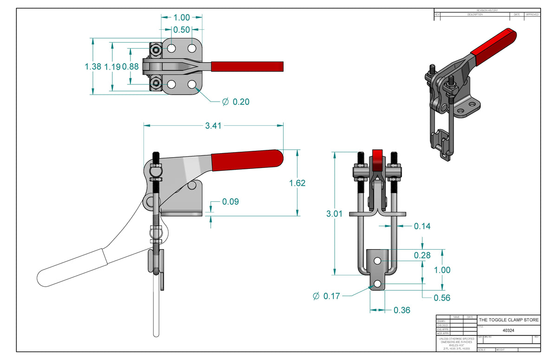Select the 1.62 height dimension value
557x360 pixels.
tap(297, 183)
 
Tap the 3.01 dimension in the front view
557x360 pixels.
tap(334, 214)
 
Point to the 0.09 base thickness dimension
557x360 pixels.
tap(230, 202)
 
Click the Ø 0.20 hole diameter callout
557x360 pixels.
tap(236, 102)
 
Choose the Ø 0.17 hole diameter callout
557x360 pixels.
tap(327, 296)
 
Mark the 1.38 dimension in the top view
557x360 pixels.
tap(93, 66)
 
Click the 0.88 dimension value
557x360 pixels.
tap(130, 66)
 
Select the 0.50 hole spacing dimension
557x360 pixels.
tap(181, 30)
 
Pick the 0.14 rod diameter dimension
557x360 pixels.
tap(422, 226)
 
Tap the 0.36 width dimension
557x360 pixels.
tap(402, 310)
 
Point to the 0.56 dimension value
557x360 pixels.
tap(442, 298)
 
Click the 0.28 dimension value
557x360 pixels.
tap(422, 255)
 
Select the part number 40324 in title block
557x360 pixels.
tap(508, 331)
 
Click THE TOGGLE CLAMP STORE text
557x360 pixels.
tap(509, 320)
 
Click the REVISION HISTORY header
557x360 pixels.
tap(487, 10)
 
